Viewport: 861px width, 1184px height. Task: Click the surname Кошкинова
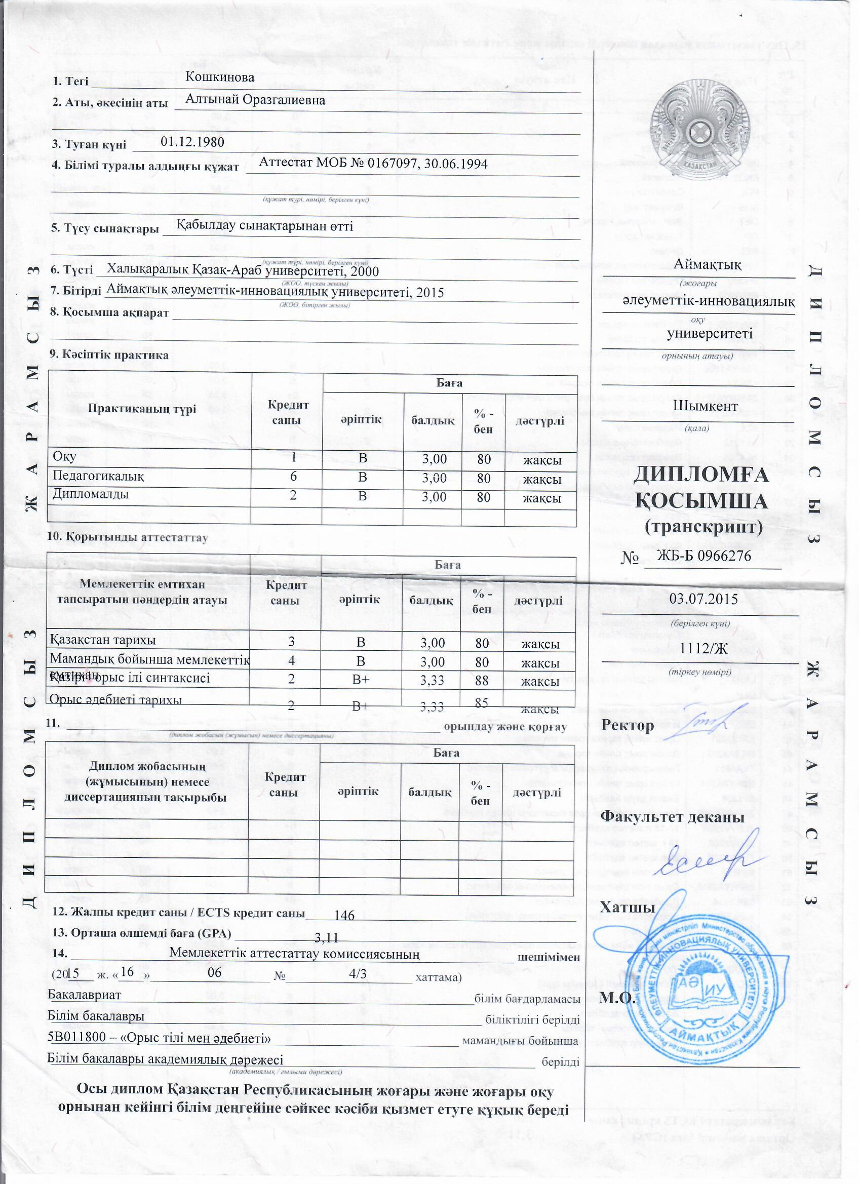click(220, 77)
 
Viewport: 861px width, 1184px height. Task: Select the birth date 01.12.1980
click(192, 142)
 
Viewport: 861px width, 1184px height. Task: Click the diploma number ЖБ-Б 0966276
click(704, 556)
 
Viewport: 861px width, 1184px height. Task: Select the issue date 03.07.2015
click(703, 599)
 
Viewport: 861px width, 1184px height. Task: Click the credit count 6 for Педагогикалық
click(293, 477)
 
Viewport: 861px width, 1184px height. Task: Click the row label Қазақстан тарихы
click(102, 640)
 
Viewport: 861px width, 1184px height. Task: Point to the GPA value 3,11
click(327, 937)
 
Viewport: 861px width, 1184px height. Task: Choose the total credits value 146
click(344, 915)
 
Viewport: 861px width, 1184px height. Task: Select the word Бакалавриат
click(84, 995)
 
